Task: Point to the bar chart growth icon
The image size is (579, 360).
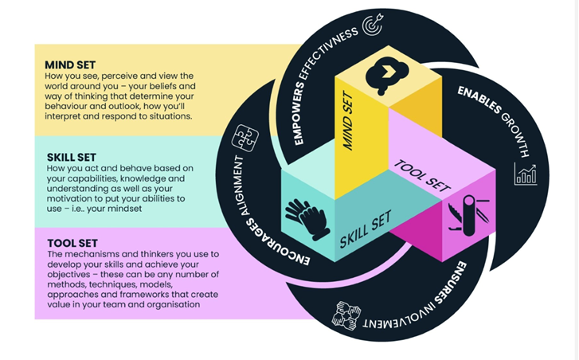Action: pos(526,174)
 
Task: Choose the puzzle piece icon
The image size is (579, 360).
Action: pos(245,137)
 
